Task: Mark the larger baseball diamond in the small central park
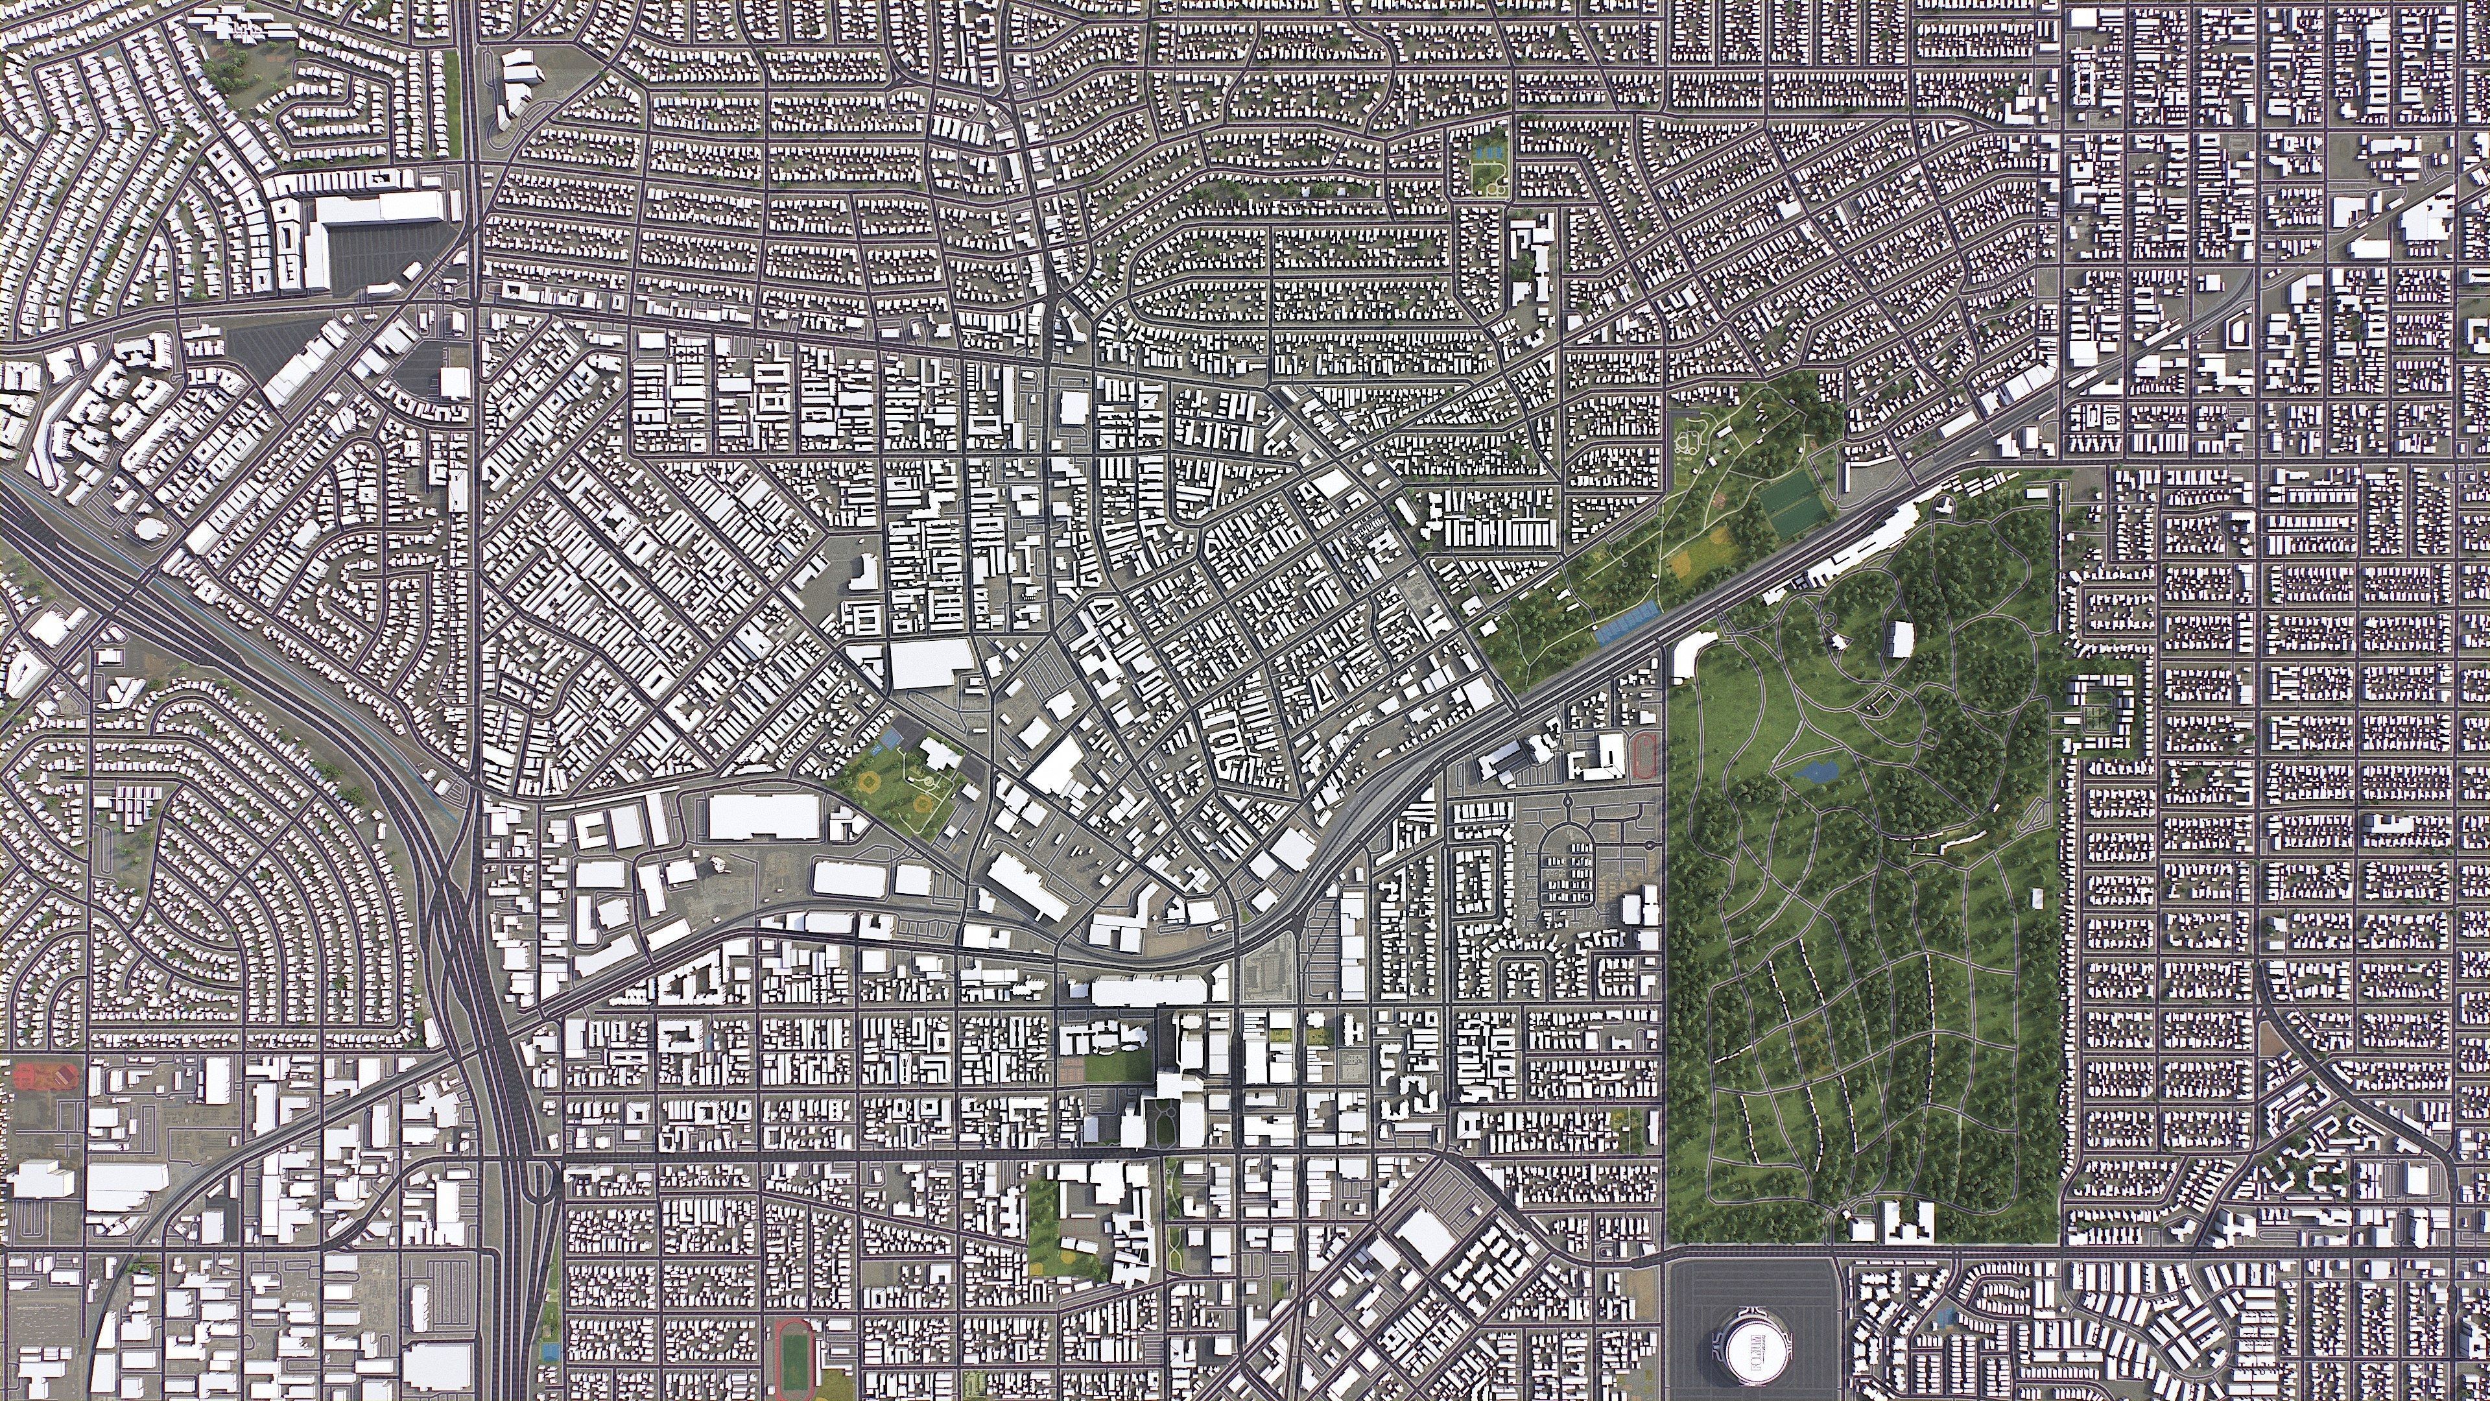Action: click(871, 782)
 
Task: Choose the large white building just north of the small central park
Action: click(930, 664)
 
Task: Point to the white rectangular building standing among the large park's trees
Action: click(1901, 638)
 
